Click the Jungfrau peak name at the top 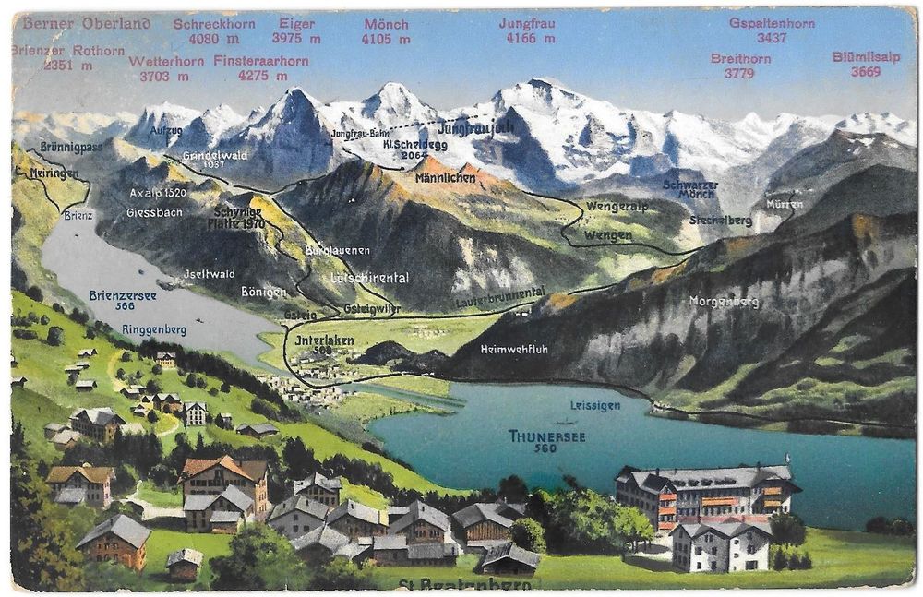point(529,23)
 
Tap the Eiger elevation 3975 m point(295,39)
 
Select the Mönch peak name point(386,24)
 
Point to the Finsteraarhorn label point(261,61)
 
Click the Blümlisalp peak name point(865,56)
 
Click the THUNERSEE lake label point(546,436)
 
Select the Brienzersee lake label point(124,295)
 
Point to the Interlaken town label point(324,340)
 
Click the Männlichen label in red point(446,176)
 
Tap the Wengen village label point(607,235)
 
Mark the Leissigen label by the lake point(594,405)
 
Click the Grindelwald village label point(214,155)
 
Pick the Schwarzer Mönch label point(689,188)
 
